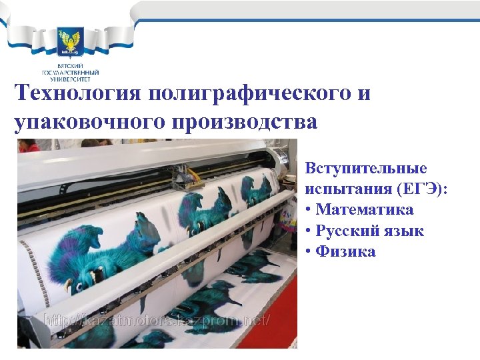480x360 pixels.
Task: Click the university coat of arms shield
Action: (x=70, y=42)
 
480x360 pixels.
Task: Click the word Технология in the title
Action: (x=78, y=93)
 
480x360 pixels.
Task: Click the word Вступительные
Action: (x=366, y=168)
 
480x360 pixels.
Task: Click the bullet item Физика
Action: (x=346, y=251)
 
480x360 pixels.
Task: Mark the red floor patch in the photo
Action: (x=267, y=333)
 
